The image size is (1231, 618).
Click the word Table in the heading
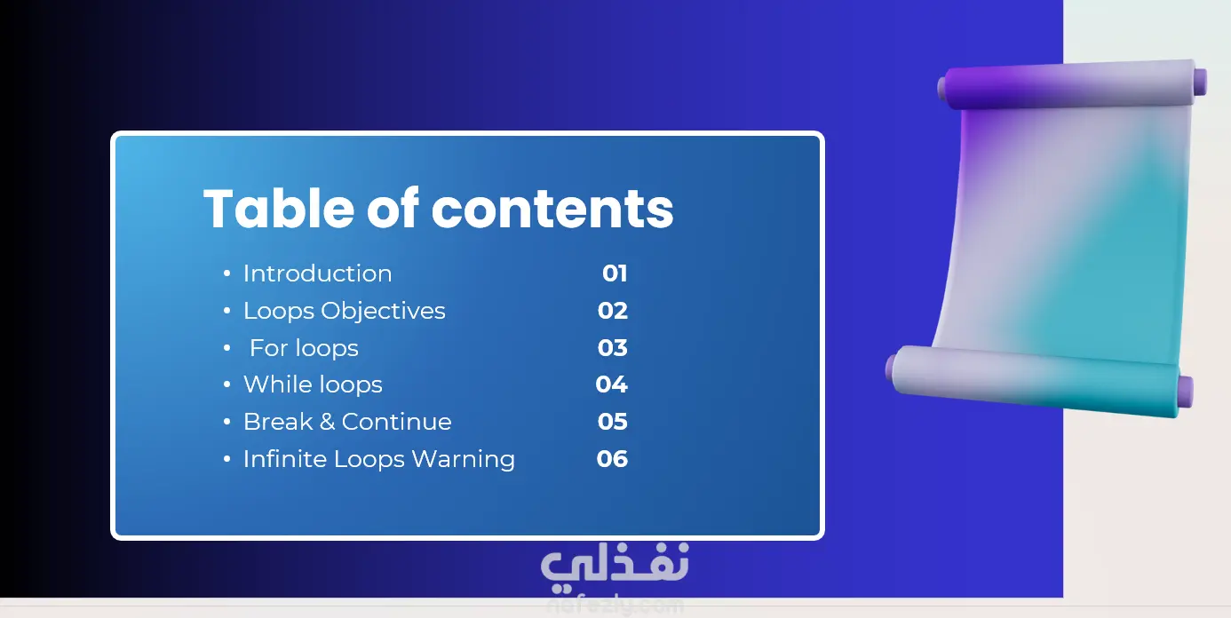[x=279, y=208]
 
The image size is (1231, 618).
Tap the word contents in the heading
[x=552, y=210]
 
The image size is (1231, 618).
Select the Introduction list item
[x=318, y=273]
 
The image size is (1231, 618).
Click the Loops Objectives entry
[x=344, y=312]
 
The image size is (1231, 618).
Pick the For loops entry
[x=304, y=348]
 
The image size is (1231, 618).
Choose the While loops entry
[x=313, y=384]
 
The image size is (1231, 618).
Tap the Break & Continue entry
[x=347, y=422]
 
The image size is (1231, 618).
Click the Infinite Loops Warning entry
[x=379, y=459]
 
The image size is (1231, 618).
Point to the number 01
[x=615, y=273]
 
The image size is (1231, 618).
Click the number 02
[x=613, y=311]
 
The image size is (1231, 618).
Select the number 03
[x=613, y=348]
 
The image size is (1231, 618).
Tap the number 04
[x=612, y=384]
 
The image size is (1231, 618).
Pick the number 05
[x=613, y=422]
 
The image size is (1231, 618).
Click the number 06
[x=612, y=459]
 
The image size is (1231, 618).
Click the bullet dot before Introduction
[x=227, y=273]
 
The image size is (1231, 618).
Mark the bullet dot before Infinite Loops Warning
[x=227, y=459]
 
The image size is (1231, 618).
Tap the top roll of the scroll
[x=1072, y=84]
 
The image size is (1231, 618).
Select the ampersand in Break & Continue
[x=327, y=422]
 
